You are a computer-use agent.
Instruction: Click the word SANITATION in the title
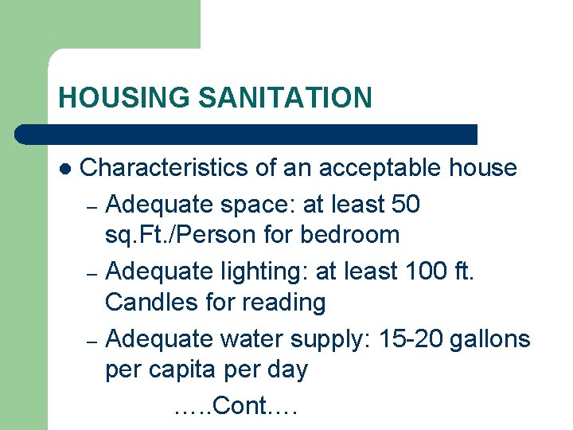(x=285, y=98)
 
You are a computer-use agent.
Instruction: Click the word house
(x=482, y=168)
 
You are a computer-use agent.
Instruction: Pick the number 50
(x=407, y=204)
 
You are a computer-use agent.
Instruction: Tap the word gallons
(x=489, y=338)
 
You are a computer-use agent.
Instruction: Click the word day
(x=284, y=370)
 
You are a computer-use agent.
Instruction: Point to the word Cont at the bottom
(x=242, y=406)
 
